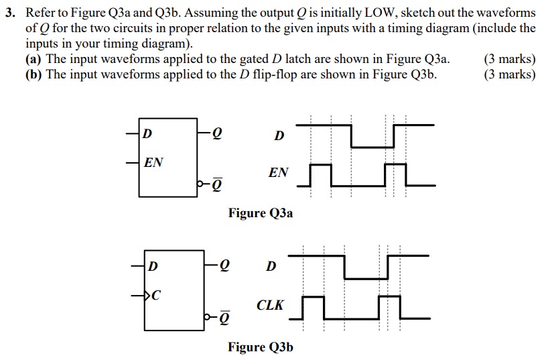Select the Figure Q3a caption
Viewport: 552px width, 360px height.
(261, 213)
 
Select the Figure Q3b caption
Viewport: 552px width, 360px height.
(261, 347)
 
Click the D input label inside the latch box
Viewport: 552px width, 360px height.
(147, 134)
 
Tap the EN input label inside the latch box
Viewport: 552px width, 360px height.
(153, 162)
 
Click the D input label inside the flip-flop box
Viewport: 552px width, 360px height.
(153, 266)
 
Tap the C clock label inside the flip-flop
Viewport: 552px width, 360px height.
(155, 293)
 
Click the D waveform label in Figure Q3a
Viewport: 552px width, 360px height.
(279, 136)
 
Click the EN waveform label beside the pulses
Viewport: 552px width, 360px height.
(278, 173)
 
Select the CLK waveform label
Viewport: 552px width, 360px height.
(270, 306)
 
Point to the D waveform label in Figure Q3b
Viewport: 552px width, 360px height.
(271, 267)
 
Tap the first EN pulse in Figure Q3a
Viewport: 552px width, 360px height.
(322, 174)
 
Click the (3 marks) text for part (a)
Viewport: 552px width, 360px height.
(509, 59)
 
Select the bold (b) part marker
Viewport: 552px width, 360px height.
(33, 74)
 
